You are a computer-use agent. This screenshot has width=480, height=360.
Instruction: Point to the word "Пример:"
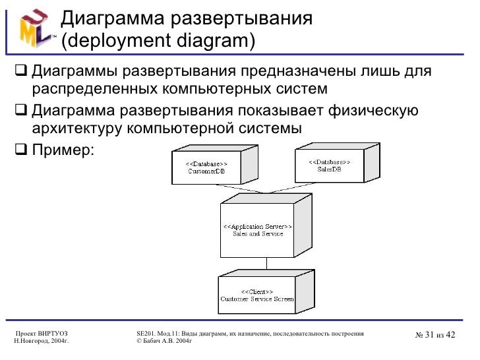(x=63, y=150)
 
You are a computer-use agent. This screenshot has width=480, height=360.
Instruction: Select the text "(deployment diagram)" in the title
(x=158, y=40)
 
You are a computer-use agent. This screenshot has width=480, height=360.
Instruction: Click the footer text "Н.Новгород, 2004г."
(x=42, y=342)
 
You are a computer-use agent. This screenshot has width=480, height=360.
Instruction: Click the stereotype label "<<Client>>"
(x=257, y=291)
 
